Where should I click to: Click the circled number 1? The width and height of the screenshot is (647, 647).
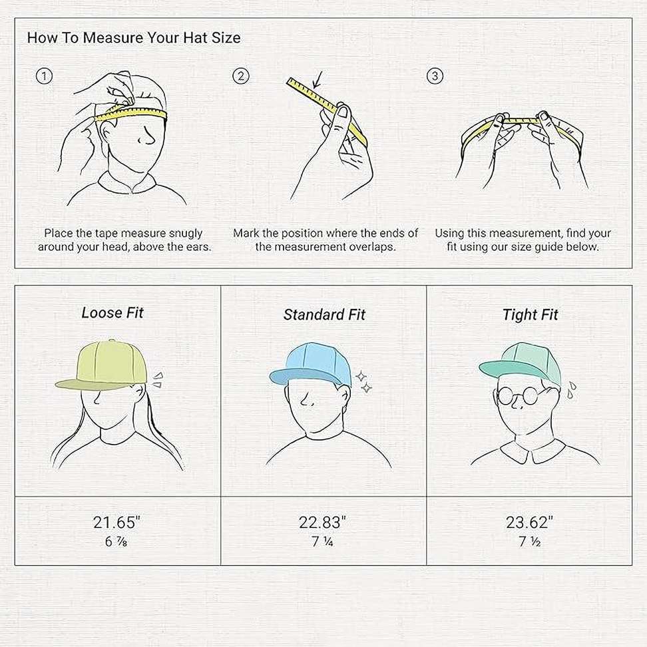coord(44,76)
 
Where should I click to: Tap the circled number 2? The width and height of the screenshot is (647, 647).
coord(241,76)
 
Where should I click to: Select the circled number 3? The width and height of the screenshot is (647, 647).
coord(435,76)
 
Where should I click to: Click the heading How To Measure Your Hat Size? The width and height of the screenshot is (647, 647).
coord(134,37)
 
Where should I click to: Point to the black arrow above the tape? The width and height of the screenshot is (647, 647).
coord(317,80)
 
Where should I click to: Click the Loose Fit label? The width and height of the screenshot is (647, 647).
coord(112,313)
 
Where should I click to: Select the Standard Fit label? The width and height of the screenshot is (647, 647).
coord(324,314)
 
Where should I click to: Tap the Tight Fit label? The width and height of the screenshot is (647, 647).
coord(531,315)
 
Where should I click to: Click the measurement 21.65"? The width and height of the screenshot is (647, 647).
coord(116,523)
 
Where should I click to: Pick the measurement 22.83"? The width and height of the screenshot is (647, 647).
coord(322,523)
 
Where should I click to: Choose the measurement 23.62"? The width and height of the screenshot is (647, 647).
coord(529,523)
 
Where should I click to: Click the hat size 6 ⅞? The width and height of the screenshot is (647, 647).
coord(116,541)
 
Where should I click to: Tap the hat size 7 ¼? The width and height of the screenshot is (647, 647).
coord(322,541)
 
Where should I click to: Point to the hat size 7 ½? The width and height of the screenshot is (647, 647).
coord(529,541)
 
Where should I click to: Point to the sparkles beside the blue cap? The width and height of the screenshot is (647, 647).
coord(364,381)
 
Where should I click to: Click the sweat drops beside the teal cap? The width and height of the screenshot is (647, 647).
coord(571,390)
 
